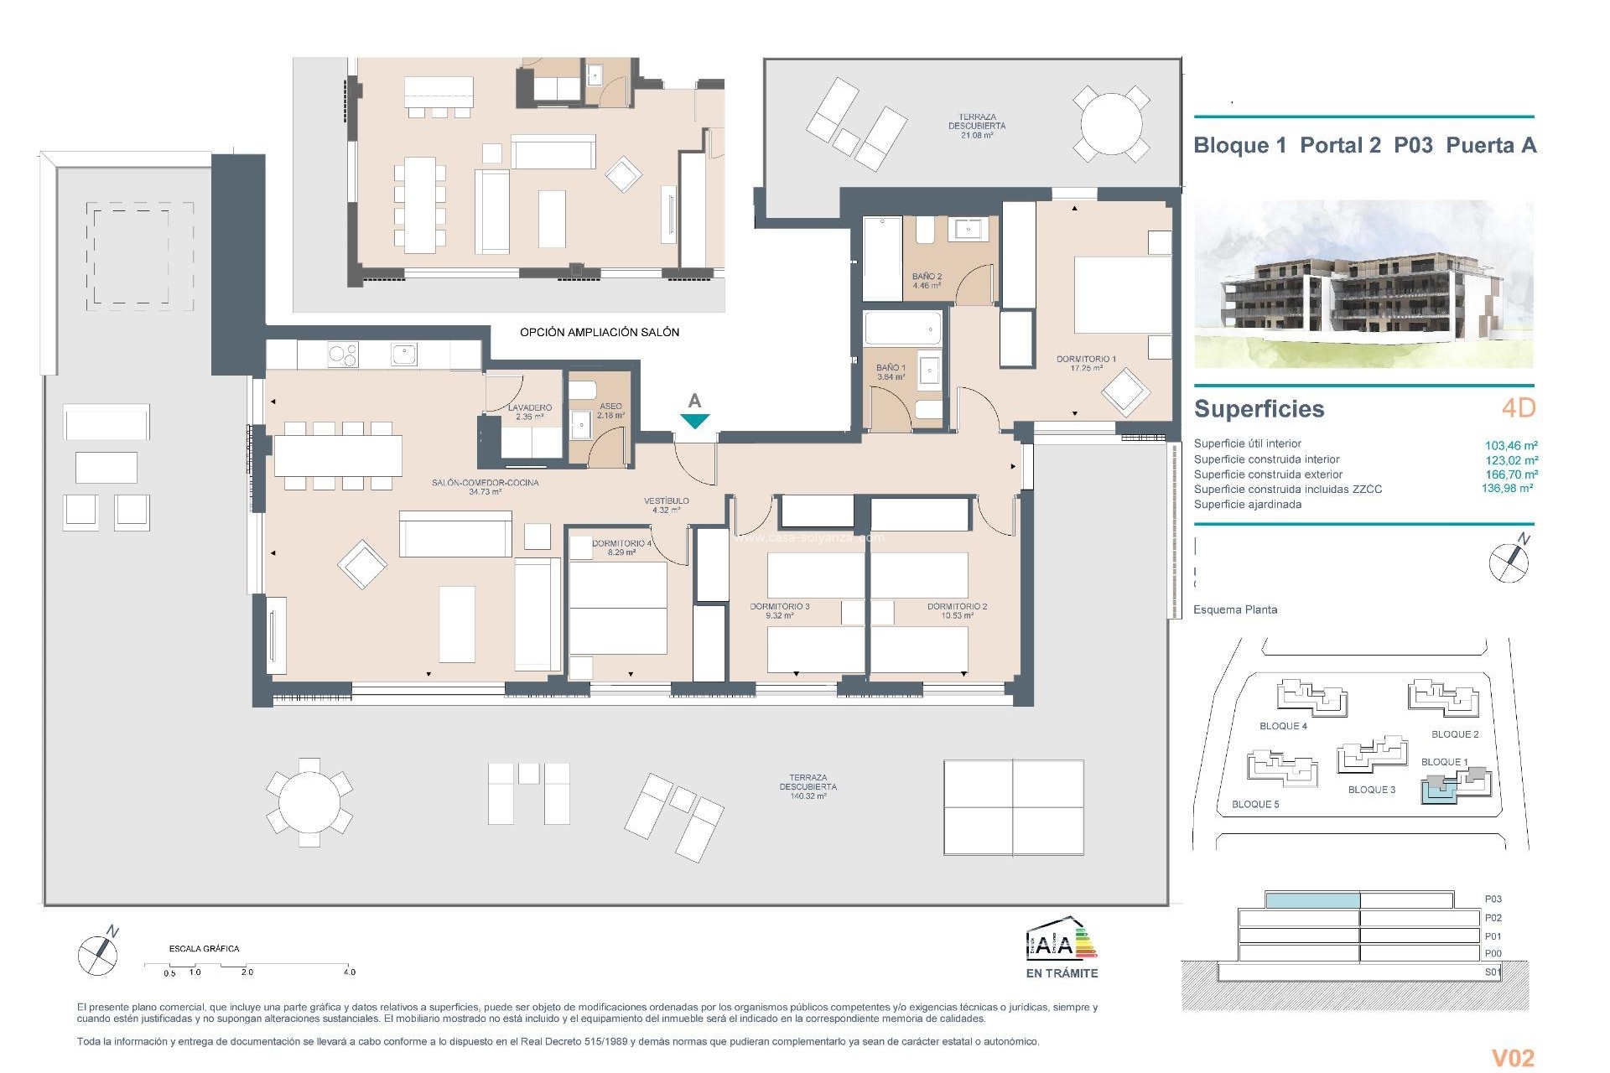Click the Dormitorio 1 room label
[x=1086, y=359]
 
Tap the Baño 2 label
[x=927, y=277]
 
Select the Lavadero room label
[x=529, y=408]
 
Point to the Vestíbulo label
[x=666, y=501]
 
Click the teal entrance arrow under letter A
[x=695, y=421]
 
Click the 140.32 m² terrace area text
[x=808, y=796]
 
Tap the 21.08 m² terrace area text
[x=976, y=135]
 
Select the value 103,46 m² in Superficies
[x=1511, y=446]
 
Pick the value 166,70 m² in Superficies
[x=1511, y=474]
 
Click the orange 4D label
[x=1518, y=408]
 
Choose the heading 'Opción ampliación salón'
[x=600, y=332]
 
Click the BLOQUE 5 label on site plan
[x=1255, y=805]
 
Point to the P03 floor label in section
[x=1493, y=899]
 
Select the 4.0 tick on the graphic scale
[x=349, y=972]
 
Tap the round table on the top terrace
[x=1110, y=123]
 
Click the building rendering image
[x=1363, y=283]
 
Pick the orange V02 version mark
[x=1513, y=1058]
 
